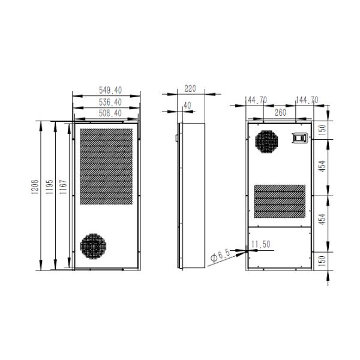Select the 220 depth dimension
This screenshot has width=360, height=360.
(x=190, y=88)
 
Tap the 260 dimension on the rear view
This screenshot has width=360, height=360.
(x=280, y=112)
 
